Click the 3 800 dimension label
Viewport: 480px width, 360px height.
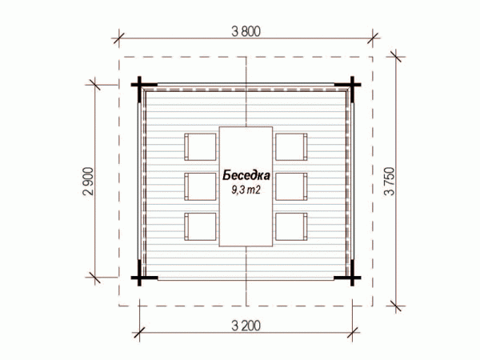(246, 31)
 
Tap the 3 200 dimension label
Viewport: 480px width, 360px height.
(246, 326)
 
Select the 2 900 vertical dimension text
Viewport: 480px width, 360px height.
(88, 182)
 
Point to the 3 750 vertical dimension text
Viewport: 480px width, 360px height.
(390, 182)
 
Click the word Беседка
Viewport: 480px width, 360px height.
(246, 176)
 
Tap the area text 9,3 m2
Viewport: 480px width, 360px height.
(246, 190)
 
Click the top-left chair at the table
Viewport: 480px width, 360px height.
(201, 147)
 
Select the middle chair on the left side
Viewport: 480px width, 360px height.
(201, 186)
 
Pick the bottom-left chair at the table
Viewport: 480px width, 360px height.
(201, 226)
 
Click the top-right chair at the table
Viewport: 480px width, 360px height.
(291, 147)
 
